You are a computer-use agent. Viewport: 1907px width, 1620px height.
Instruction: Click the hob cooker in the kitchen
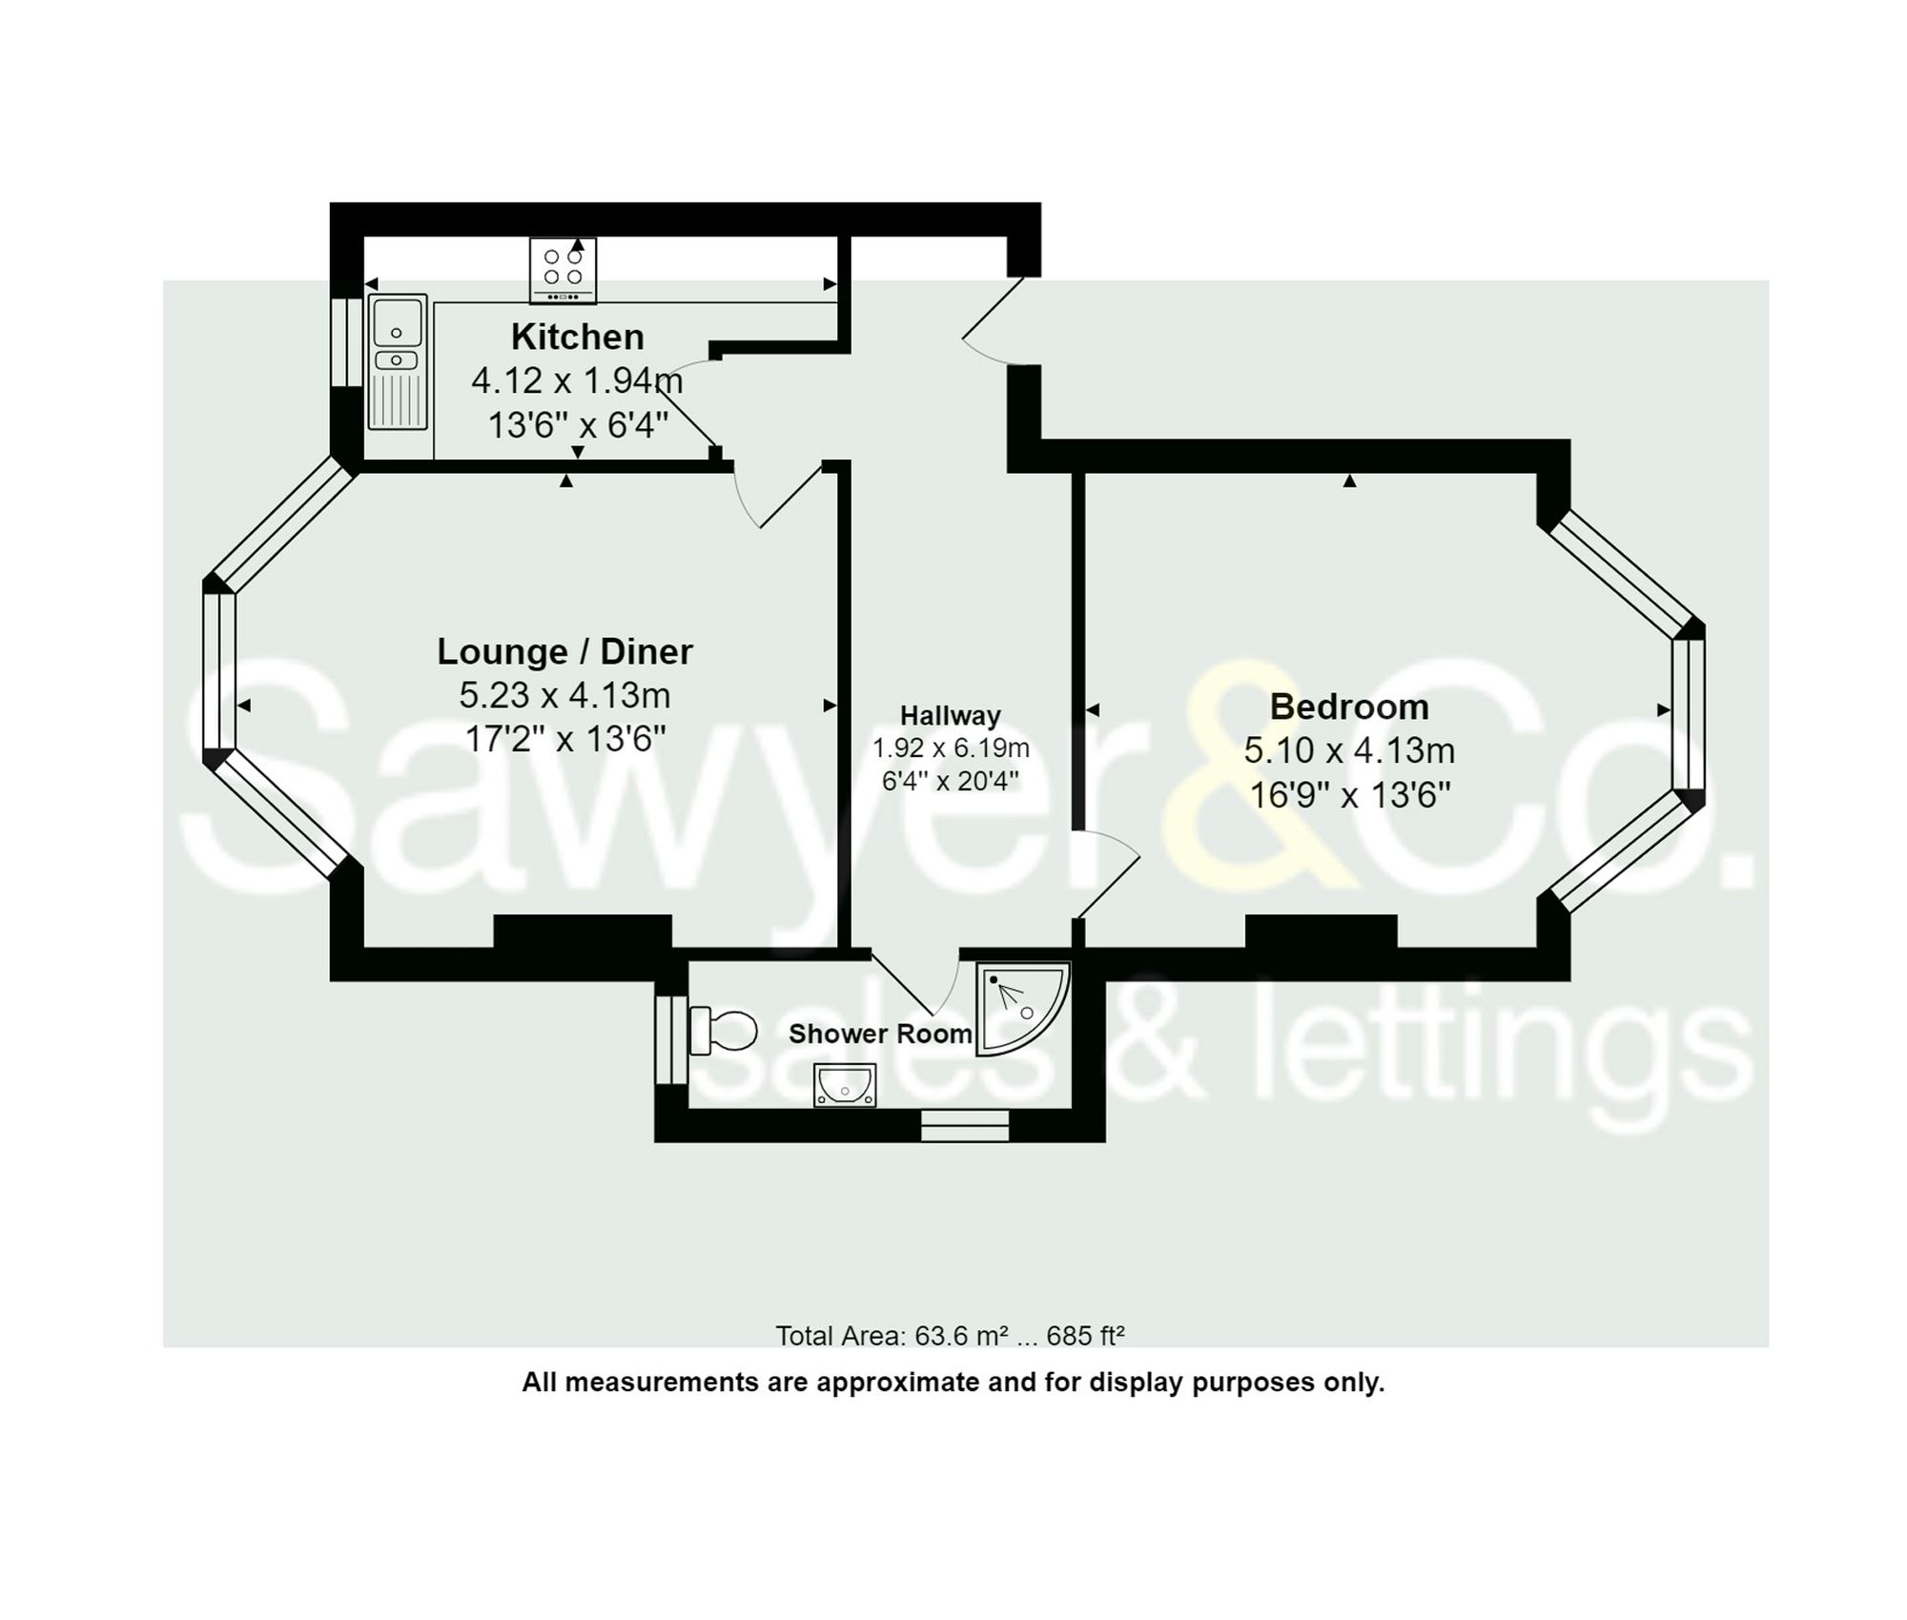tap(563, 270)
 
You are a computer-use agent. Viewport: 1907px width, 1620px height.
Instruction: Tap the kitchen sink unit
tap(398, 362)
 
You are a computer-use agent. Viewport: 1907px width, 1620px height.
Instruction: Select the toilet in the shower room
tap(723, 1031)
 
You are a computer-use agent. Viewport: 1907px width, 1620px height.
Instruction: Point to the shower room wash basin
tap(844, 1085)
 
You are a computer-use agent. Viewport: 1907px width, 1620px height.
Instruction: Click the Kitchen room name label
tap(577, 337)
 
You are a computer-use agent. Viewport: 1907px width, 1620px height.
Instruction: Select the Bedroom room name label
tap(1348, 707)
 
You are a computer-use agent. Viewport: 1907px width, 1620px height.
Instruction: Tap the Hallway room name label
tap(950, 715)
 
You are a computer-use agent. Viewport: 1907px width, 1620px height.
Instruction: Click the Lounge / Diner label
tap(564, 651)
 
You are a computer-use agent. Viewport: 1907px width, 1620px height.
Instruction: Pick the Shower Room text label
tap(879, 1034)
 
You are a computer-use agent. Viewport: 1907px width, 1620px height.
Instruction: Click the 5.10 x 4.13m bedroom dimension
tap(1348, 750)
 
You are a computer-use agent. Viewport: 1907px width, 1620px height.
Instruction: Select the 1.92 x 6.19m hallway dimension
tap(950, 748)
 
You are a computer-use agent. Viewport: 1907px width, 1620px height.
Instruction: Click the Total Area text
tap(950, 1336)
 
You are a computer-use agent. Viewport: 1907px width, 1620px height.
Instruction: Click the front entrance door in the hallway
tap(992, 319)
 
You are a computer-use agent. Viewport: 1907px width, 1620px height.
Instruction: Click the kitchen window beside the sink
tap(346, 343)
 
